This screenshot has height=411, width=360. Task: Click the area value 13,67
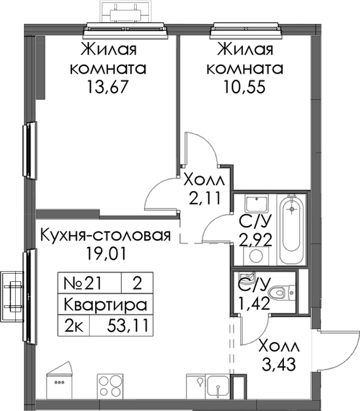(108, 87)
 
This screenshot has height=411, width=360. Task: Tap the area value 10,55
(245, 87)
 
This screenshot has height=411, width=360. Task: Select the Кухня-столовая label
(105, 235)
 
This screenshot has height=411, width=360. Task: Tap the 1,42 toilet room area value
(253, 303)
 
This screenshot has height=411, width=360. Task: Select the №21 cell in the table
(82, 283)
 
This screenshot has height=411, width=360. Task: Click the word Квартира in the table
(105, 305)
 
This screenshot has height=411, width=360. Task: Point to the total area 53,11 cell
(127, 326)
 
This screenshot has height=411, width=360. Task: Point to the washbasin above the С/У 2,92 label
(257, 204)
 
